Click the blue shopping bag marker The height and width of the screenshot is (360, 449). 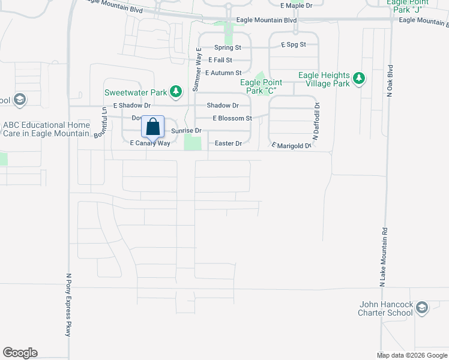click(x=153, y=127)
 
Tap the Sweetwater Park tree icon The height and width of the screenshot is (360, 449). click(x=176, y=92)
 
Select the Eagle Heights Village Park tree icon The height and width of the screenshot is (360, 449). click(x=359, y=79)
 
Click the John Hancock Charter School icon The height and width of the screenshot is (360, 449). click(x=422, y=308)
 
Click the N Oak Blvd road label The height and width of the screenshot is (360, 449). click(x=390, y=81)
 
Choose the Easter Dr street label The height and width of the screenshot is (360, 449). click(x=229, y=143)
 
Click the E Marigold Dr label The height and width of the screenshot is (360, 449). click(x=292, y=145)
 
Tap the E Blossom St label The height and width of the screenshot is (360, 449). click(x=232, y=118)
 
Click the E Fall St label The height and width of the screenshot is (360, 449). click(x=220, y=60)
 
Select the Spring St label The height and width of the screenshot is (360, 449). click(x=228, y=47)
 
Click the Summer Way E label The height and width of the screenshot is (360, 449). click(x=196, y=70)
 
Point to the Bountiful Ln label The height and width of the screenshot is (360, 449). click(x=103, y=122)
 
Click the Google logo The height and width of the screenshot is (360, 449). click(x=20, y=353)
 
